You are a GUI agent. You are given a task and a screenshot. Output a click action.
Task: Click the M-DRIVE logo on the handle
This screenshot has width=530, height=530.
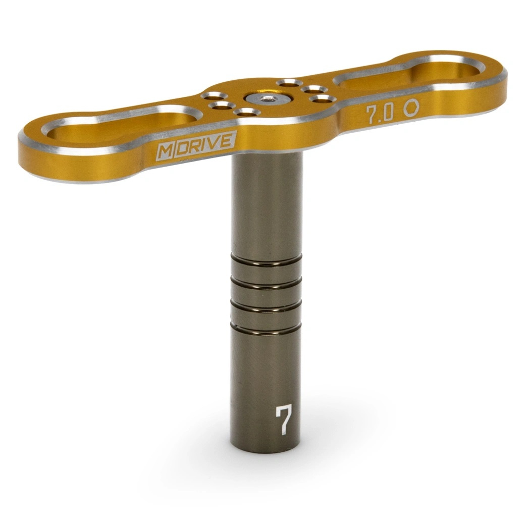pos(196,145)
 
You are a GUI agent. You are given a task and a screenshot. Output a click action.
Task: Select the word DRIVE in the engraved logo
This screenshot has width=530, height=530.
pos(204,143)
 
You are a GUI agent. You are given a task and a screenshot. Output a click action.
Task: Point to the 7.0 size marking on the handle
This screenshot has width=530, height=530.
pos(379,114)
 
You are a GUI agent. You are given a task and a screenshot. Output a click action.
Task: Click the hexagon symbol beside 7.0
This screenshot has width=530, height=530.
pos(411,108)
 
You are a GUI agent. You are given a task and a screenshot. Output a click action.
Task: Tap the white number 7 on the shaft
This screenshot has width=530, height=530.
pos(283,419)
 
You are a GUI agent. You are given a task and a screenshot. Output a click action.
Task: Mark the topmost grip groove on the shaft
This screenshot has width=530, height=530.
pos(267,260)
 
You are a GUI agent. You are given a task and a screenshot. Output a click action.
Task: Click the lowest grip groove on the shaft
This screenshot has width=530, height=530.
pos(266,328)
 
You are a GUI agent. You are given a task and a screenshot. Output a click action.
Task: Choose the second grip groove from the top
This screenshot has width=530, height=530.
pos(267,283)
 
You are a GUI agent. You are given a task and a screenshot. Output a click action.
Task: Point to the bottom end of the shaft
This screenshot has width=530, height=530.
pos(266,447)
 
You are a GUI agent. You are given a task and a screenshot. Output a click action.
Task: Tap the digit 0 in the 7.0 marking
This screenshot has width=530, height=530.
pos(387,114)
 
